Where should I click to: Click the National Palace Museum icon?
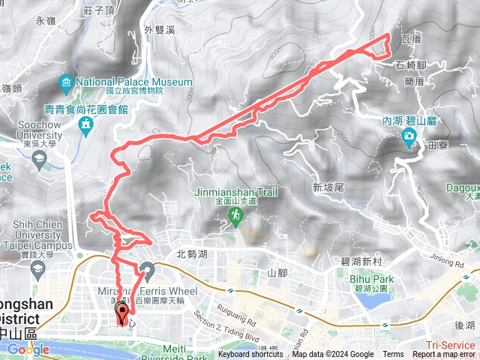[67, 81]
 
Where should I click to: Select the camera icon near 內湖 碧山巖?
[409, 136]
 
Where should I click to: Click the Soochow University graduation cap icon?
[39, 159]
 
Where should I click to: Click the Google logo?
[28, 349]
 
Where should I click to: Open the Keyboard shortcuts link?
[250, 355]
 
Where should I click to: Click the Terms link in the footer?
[393, 355]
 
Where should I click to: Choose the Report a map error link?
[444, 355]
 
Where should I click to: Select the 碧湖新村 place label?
[361, 262]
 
